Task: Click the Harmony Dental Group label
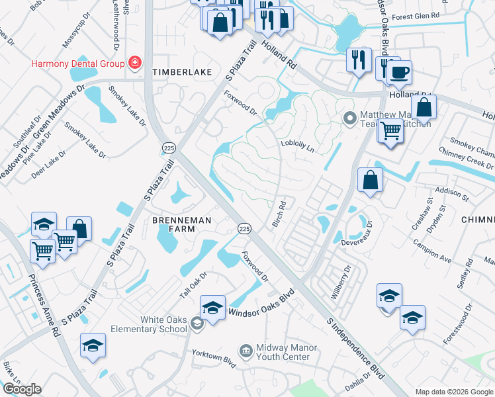(78, 64)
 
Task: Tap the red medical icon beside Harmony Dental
(135, 63)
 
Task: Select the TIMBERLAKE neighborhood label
(179, 71)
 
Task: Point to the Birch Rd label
(279, 214)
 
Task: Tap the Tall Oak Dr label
(194, 284)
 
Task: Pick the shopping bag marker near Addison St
(370, 179)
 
